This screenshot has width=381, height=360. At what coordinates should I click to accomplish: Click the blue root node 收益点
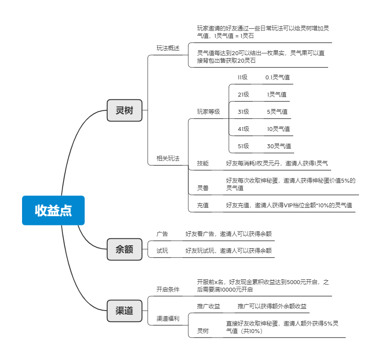pyautogui.click(x=53, y=210)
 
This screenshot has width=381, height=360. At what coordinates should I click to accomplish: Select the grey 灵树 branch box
pyautogui.click(x=124, y=110)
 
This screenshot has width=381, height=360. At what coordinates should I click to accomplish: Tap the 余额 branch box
pyautogui.click(x=124, y=249)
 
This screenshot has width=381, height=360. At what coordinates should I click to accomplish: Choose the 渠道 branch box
pyautogui.click(x=124, y=311)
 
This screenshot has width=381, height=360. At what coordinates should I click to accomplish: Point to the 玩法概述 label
pyautogui.click(x=168, y=48)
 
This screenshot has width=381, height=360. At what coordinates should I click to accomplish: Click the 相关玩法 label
pyautogui.click(x=168, y=158)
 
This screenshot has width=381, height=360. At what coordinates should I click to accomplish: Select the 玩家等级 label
pyautogui.click(x=209, y=112)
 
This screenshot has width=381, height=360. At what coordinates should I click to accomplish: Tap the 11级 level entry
pyautogui.click(x=243, y=77)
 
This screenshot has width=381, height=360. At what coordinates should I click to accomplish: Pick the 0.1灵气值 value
pyautogui.click(x=277, y=77)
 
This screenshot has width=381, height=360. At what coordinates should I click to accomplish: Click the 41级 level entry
pyautogui.click(x=243, y=129)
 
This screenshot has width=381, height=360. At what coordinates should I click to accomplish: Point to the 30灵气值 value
pyautogui.click(x=279, y=146)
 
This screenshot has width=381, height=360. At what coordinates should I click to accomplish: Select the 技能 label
pyautogui.click(x=203, y=163)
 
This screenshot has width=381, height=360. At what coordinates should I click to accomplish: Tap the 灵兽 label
pyautogui.click(x=203, y=188)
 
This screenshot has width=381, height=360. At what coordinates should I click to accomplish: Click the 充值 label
pyautogui.click(x=203, y=205)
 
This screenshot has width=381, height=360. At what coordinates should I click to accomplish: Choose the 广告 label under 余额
pyautogui.click(x=162, y=234)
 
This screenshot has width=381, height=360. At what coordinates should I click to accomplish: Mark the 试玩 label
pyautogui.click(x=162, y=251)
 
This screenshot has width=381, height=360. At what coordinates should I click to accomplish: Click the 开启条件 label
pyautogui.click(x=168, y=289)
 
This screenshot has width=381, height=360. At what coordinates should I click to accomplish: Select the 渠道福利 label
pyautogui.click(x=168, y=319)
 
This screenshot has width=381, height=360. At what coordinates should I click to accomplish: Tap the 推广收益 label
pyautogui.click(x=209, y=306)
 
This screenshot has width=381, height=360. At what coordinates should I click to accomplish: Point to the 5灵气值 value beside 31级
pyautogui.click(x=277, y=112)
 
